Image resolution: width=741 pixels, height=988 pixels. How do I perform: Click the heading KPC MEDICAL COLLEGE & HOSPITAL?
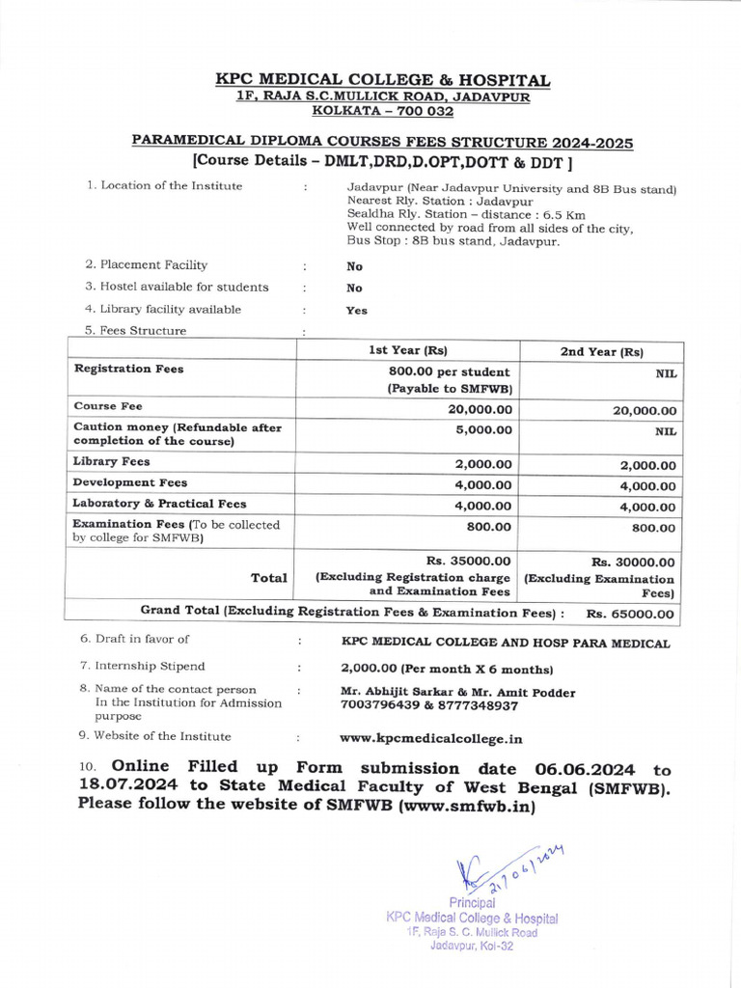coord(382,80)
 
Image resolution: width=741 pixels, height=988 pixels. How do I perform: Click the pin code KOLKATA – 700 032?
coord(383,111)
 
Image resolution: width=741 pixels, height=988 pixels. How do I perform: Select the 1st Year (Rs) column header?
coord(408,350)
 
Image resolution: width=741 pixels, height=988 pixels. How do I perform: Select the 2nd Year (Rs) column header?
coord(601,351)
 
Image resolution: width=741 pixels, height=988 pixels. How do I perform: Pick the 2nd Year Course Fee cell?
coord(644,410)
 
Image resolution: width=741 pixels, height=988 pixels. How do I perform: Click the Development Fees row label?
coord(130,482)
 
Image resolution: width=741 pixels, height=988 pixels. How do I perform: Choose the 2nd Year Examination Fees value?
coord(654,528)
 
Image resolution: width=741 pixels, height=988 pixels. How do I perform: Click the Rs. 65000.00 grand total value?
coord(631,614)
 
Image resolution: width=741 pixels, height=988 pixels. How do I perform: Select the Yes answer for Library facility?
coord(356,311)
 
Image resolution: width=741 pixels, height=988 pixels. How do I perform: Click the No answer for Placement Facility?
coord(354,266)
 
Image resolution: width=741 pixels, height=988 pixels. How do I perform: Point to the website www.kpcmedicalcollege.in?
coord(430,738)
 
